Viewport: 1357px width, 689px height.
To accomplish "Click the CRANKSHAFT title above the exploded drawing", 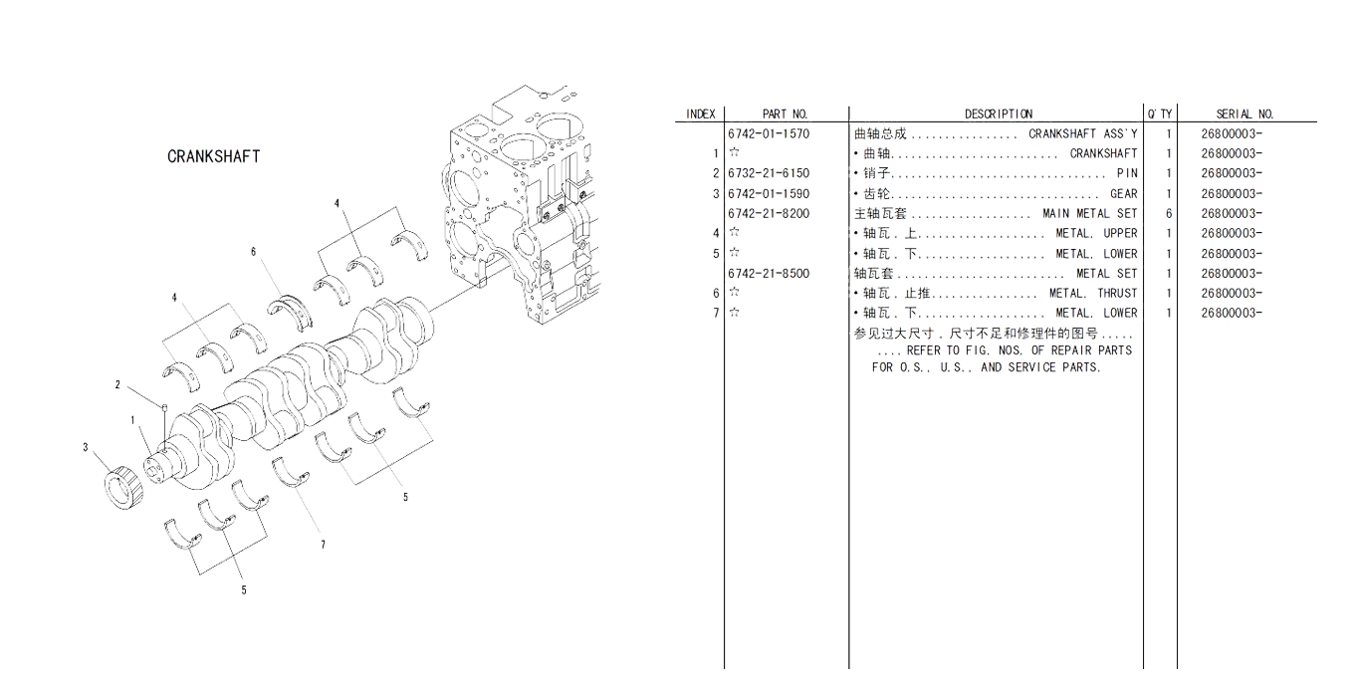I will [x=214, y=157].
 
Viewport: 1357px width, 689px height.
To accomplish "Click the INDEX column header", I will [x=700, y=115].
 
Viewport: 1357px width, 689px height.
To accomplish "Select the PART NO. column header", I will [x=786, y=115].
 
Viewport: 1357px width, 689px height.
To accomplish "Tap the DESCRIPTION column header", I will [x=999, y=115].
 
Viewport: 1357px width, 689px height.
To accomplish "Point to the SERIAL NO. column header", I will [x=1244, y=115].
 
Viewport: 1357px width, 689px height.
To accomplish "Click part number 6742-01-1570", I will [x=769, y=133].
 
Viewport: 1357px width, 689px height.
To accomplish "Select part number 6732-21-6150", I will [x=769, y=173].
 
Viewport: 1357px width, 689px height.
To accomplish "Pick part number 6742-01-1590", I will [x=769, y=193].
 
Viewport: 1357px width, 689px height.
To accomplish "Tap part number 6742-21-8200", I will [x=769, y=213].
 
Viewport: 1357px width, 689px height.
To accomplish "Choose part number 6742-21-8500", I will [x=769, y=273].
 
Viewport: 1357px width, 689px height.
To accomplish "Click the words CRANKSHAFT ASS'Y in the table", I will [x=1082, y=133].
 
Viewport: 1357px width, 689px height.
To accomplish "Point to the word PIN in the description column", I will [x=1127, y=173].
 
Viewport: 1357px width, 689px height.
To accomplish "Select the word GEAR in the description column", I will [x=1123, y=193].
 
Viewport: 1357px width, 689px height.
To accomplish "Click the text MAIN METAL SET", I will [x=1090, y=213].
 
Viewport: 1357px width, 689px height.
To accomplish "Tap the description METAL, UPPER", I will [x=1096, y=233].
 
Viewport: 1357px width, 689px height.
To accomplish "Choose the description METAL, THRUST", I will [x=1093, y=293].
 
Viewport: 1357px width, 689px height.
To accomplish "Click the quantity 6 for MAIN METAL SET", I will [x=1169, y=213].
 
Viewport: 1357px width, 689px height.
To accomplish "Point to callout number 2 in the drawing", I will [x=116, y=384].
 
